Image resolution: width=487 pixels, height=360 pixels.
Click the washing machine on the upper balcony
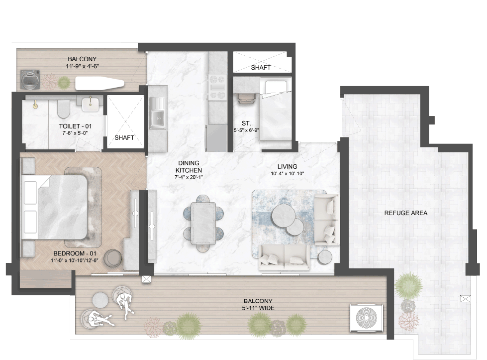pos(30,79)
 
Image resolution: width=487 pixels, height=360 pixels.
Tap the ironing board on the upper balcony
pos(99,83)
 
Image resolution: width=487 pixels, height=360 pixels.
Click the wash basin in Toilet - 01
pos(91,104)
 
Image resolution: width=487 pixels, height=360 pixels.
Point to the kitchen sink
pos(157,113)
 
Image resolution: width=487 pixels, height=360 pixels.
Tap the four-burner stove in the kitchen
pos(217,87)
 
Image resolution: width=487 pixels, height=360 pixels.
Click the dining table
pos(203,223)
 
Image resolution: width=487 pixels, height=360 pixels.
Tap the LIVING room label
pos(288,167)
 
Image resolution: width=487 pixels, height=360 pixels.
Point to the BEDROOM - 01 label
pos(75,253)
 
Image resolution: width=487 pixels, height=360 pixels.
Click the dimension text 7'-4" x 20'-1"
pos(189,178)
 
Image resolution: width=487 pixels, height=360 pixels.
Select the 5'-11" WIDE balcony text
pos(258,308)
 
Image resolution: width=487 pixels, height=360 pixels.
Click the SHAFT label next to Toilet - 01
pos(124,137)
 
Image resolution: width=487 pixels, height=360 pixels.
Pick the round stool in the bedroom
pos(113,258)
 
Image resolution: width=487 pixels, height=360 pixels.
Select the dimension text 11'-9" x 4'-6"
pos(82,66)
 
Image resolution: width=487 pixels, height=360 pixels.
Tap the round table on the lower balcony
pos(100,300)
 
